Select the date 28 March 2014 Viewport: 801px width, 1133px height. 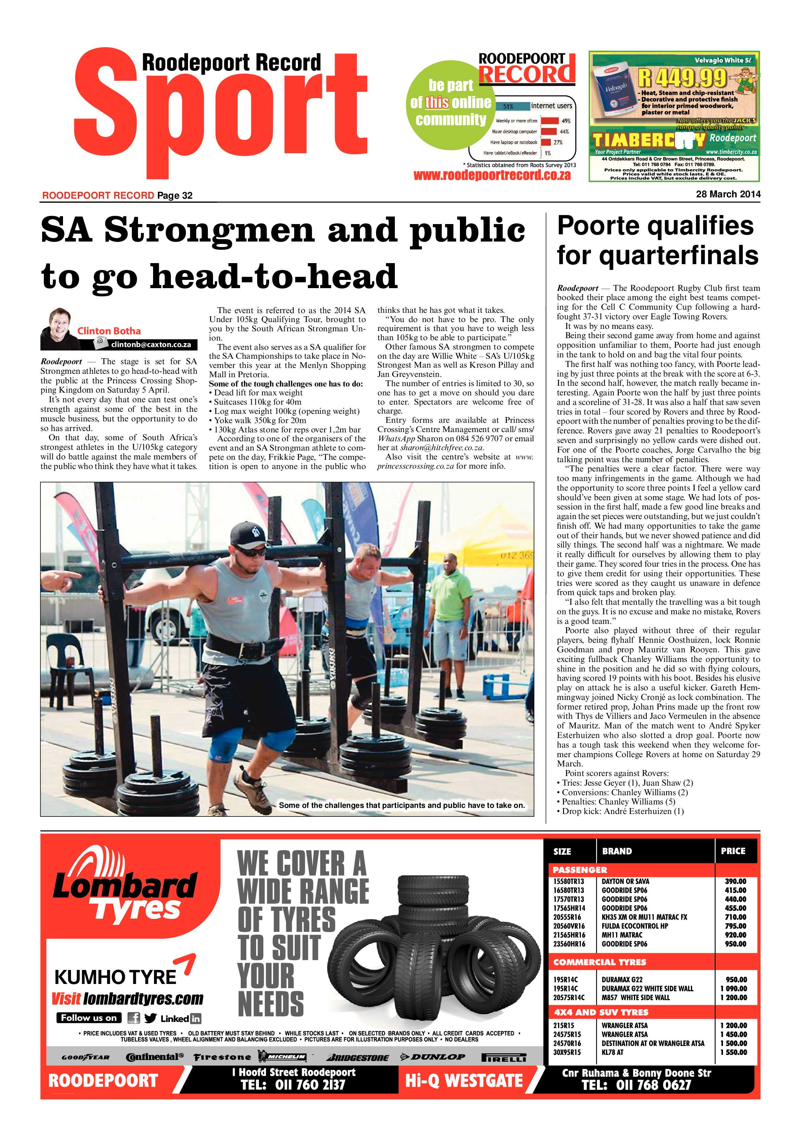pyautogui.click(x=728, y=194)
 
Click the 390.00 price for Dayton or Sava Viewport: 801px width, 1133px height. pyautogui.click(x=735, y=881)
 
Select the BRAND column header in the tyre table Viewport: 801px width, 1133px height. pyautogui.click(x=617, y=851)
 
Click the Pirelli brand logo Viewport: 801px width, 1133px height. pyautogui.click(x=504, y=1058)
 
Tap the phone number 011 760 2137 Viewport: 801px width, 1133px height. pyautogui.click(x=293, y=1085)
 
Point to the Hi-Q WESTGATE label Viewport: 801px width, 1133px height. pyautogui.click(x=464, y=1081)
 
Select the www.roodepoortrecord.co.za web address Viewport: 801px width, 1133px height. pyautogui.click(x=492, y=175)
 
